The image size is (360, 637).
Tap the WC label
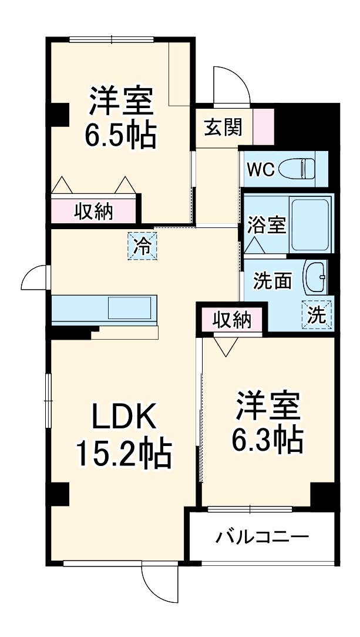(260, 169)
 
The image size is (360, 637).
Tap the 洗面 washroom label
(272, 281)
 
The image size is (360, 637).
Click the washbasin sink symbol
(315, 277)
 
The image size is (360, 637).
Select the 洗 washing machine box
(317, 314)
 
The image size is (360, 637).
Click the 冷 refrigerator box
(142, 246)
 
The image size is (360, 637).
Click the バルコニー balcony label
(261, 537)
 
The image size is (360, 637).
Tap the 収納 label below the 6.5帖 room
(93, 212)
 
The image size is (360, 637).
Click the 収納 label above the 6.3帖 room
(231, 320)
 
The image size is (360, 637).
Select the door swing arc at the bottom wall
(160, 582)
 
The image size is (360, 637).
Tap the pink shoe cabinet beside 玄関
(264, 126)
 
